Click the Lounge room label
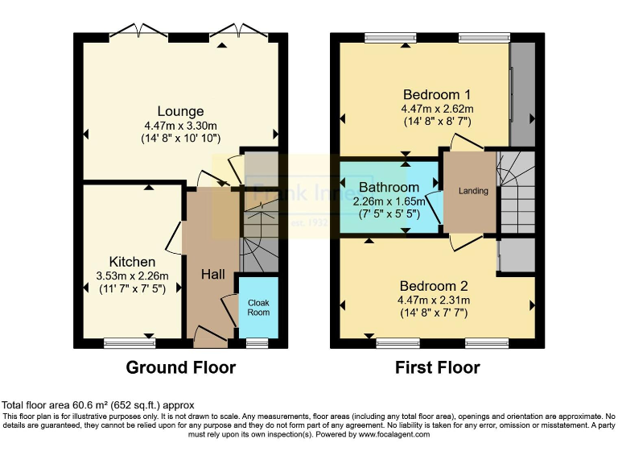point(180,111)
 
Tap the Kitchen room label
point(132,262)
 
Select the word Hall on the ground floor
point(212,275)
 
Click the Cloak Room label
point(258,307)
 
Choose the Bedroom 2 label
point(435,286)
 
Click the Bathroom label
point(389,187)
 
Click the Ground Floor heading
point(180,368)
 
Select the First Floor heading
point(437,368)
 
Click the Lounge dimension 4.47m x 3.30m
point(180,125)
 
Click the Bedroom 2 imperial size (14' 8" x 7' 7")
point(435,313)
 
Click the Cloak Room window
point(257,343)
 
